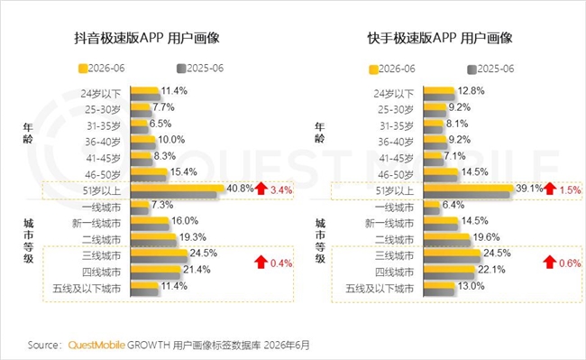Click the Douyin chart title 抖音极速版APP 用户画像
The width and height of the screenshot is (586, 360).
146,38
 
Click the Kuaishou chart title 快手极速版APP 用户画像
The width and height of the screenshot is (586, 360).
440,38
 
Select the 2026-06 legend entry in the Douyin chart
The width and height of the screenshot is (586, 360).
101,69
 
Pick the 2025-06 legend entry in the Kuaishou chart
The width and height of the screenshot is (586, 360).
490,69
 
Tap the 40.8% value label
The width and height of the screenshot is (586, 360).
241,188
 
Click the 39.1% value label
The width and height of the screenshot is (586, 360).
529,189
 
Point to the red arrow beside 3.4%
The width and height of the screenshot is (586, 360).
261,189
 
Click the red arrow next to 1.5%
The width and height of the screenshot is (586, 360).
549,189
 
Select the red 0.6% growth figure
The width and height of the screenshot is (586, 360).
570,263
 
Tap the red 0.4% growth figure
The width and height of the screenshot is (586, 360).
281,263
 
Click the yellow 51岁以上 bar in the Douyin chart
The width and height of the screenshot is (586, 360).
177,188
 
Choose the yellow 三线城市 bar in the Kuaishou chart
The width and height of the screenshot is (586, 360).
452,254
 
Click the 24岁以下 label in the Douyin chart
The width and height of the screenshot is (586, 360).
101,94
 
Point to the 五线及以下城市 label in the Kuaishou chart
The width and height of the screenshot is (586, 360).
380,289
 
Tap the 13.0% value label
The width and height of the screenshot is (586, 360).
471,286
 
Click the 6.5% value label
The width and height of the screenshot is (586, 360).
160,124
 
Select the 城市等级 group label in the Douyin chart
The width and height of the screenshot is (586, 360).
29,241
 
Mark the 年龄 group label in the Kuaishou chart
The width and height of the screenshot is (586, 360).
320,133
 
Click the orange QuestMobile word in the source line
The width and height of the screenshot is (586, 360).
96,345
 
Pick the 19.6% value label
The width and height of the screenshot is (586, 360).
486,237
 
